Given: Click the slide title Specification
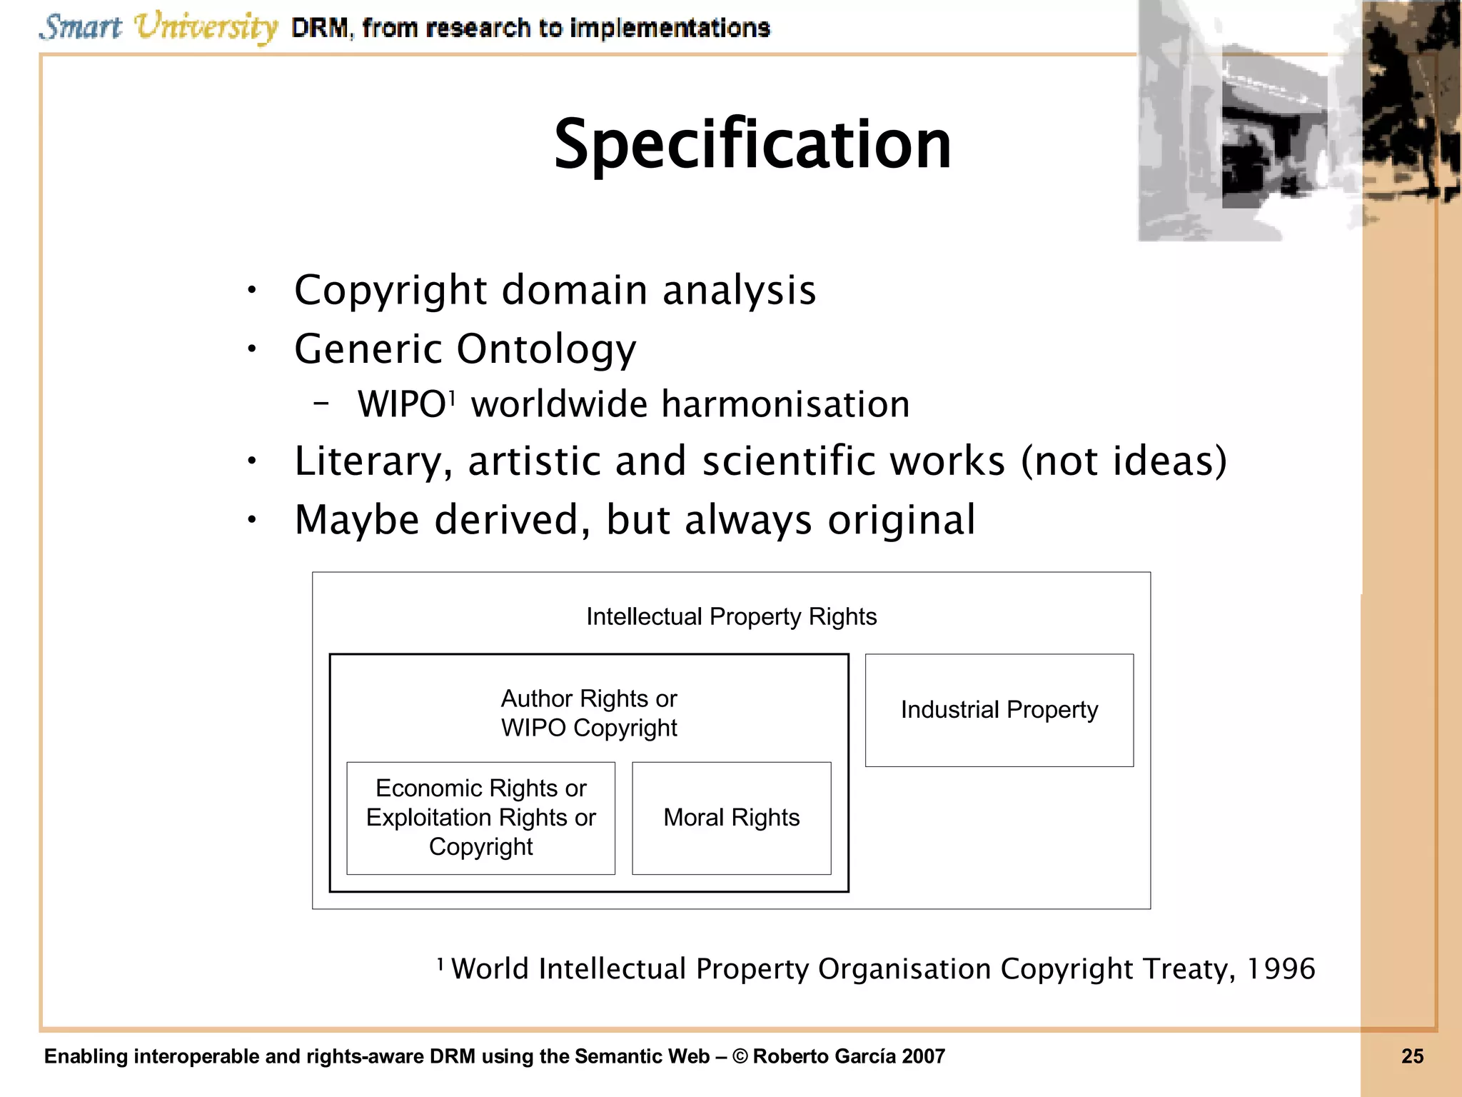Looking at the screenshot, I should [x=752, y=145].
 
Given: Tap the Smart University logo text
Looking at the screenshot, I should [x=158, y=27].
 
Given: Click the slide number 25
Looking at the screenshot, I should [x=1412, y=1056].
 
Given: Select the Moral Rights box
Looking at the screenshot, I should [x=731, y=818].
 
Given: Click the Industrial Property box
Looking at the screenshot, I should [x=999, y=710].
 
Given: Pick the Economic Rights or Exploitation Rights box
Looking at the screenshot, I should [x=480, y=818].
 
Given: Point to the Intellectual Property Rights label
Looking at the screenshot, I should [x=731, y=616].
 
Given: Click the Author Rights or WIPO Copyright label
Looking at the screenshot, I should [x=588, y=713].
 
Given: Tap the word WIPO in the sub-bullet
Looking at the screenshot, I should [x=401, y=405].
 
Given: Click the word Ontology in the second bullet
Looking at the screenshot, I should [x=546, y=349].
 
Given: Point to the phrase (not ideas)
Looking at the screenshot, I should [x=1124, y=461].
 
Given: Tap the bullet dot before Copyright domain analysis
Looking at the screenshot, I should [x=251, y=291].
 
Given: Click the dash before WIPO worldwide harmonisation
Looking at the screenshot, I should [x=321, y=404].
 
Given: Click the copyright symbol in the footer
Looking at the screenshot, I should [x=740, y=1056].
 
